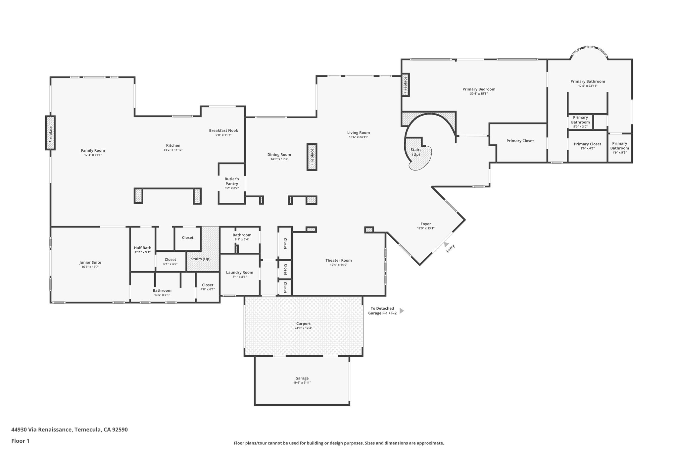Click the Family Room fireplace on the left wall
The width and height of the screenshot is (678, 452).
[x=50, y=133]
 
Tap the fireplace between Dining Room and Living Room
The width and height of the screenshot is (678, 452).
[x=312, y=157]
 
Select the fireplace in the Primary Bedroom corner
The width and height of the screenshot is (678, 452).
[x=405, y=85]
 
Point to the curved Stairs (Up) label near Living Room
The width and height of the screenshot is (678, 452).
[x=416, y=152]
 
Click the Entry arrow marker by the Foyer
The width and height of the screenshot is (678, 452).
[x=447, y=244]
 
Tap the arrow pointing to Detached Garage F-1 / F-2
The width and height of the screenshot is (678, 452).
[x=402, y=311]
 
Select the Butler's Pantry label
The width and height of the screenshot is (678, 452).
[x=232, y=181]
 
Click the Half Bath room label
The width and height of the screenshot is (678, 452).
[x=142, y=248]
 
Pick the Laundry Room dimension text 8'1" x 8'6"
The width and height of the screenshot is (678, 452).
[x=239, y=277]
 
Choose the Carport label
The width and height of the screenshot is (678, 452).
[x=303, y=324]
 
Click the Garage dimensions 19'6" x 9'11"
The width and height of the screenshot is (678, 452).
[x=302, y=382]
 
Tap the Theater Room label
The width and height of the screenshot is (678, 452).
[x=338, y=260]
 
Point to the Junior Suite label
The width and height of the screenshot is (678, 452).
[x=90, y=262]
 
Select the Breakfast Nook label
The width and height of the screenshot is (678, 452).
[x=223, y=130]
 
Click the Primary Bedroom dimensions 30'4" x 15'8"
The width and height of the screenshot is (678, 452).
[x=479, y=94]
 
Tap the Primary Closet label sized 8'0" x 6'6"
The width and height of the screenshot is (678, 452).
[x=587, y=144]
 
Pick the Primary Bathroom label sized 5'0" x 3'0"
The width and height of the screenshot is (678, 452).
[x=580, y=120]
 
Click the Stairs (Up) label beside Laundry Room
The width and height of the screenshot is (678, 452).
[x=201, y=259]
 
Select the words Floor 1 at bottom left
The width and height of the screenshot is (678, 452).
[x=20, y=441]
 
